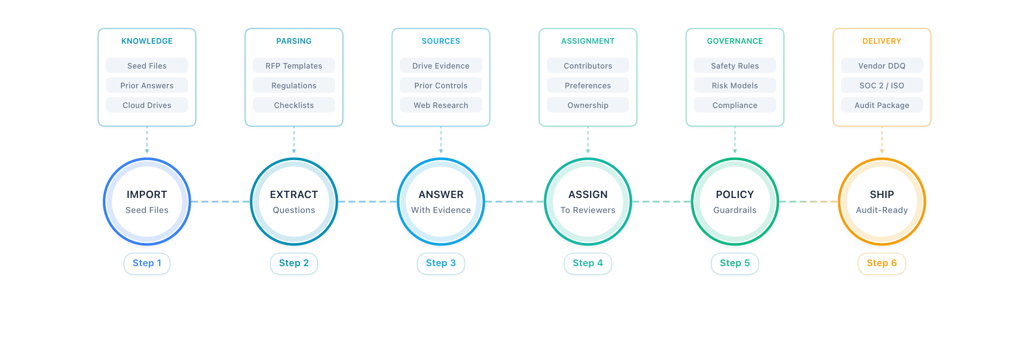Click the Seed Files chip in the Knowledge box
point(147,66)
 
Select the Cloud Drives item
point(147,105)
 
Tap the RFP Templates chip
point(294,66)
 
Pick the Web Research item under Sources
point(441,105)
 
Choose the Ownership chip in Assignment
point(588,105)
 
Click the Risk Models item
point(735,85)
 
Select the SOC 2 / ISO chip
point(882,85)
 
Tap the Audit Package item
point(882,105)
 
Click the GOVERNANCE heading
point(735,41)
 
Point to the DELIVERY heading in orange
point(882,41)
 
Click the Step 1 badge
point(147,263)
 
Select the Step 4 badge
point(588,263)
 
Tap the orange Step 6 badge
point(882,263)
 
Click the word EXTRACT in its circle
point(294,195)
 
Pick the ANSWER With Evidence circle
point(441,201)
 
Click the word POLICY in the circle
point(735,195)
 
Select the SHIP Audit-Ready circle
point(882,201)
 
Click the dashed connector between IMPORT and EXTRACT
point(220,201)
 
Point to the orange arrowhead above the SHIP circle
point(882,151)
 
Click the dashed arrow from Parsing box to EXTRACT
point(294,139)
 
